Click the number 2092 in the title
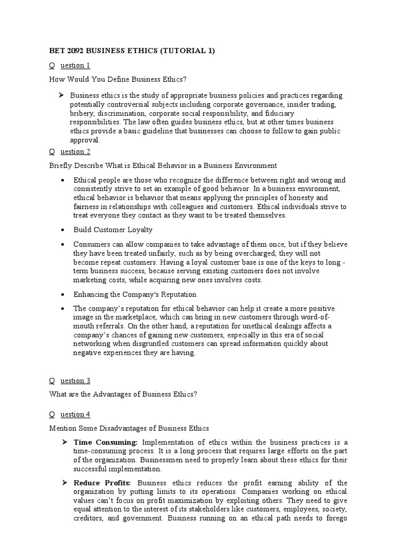coord(70,51)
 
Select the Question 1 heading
coord(70,65)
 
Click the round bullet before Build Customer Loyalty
coord(63,230)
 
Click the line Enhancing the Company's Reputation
coord(135,294)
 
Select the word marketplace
coord(129,317)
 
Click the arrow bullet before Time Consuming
coord(62,442)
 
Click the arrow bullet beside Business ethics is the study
coord(62,95)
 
